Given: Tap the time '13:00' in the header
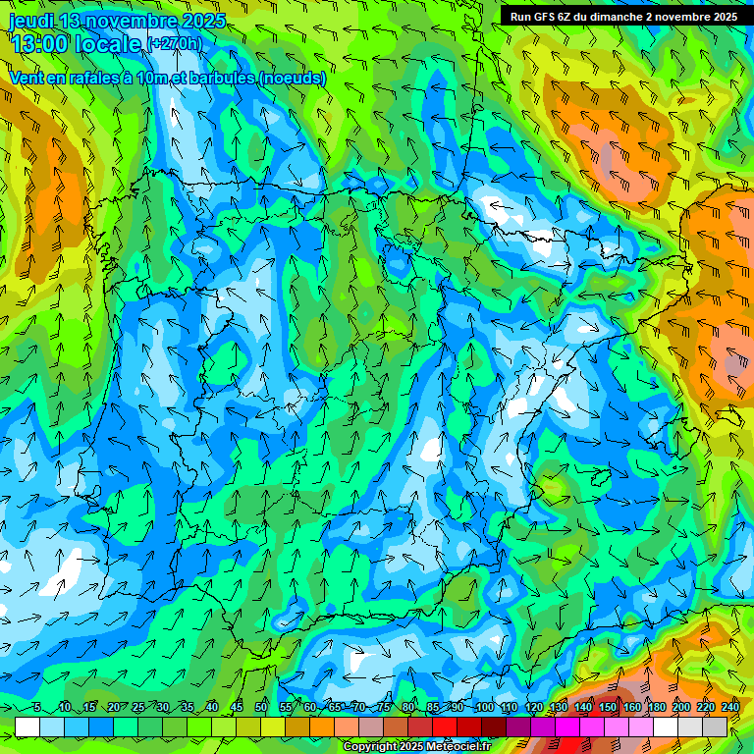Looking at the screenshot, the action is click(x=39, y=43).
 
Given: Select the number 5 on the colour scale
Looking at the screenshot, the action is click(x=37, y=708).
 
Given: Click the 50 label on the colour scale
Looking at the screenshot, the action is click(x=261, y=708).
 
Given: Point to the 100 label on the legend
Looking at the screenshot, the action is click(x=484, y=708).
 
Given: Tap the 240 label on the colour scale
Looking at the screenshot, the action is click(x=730, y=708).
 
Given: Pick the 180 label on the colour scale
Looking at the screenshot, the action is click(x=657, y=708).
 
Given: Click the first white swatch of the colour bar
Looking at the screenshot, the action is click(x=27, y=727).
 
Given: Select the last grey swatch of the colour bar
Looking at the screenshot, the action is click(x=715, y=727).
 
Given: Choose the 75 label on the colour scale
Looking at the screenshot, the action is click(x=385, y=708).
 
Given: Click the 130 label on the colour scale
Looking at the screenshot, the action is click(x=559, y=708).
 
